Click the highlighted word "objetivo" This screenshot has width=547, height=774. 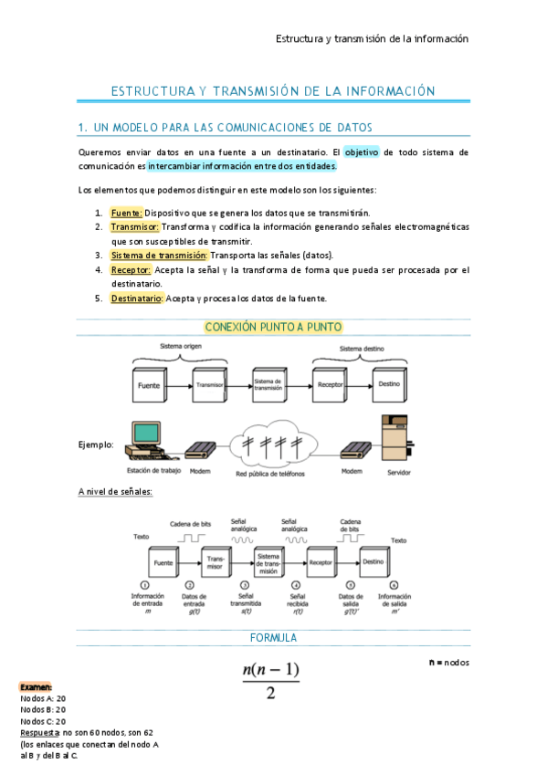pos(361,152)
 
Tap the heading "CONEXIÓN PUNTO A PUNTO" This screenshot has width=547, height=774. pos(273,327)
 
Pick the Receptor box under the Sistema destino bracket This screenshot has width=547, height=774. pos(330,385)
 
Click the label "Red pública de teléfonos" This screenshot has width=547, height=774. pos(270,475)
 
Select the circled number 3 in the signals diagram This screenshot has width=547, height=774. pos(244,584)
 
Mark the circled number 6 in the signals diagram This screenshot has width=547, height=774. pos(394,584)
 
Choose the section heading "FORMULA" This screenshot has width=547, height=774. pos(273,637)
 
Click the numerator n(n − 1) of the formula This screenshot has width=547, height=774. pos(271,671)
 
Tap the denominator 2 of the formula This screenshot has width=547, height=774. pos(270,694)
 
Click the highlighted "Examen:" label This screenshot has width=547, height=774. pos(37,686)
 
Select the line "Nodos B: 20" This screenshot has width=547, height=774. pos(43,709)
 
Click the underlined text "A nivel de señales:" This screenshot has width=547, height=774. pos(116,492)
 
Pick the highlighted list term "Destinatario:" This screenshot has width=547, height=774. pos(136,298)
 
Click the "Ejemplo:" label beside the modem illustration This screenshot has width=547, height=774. pos(97,445)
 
